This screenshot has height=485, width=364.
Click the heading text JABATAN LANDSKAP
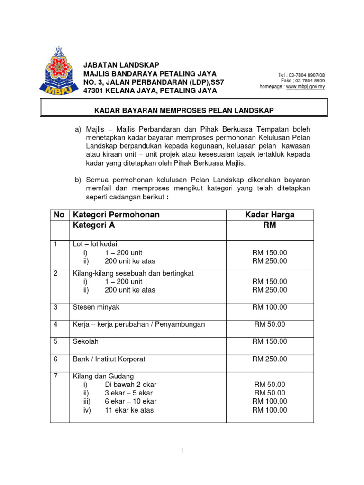[121, 65]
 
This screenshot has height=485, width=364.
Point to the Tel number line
[301, 75]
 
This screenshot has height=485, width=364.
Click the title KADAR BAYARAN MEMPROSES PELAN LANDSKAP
[185, 110]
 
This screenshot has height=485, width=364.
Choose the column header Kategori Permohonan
[116, 215]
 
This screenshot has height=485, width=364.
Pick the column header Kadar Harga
[270, 215]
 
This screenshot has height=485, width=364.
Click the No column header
[59, 215]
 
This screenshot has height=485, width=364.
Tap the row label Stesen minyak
[96, 307]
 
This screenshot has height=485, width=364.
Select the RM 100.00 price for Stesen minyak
[270, 307]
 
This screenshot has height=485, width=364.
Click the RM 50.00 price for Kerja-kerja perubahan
[270, 324]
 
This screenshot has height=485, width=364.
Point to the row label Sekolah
[86, 341]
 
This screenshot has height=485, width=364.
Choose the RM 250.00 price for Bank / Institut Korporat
[270, 359]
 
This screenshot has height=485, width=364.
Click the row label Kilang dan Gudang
[100, 377]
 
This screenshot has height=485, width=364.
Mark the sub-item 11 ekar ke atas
[129, 410]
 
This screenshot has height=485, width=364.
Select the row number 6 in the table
[55, 359]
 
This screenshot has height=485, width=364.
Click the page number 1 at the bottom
[182, 451]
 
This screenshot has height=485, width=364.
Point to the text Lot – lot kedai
[95, 244]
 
